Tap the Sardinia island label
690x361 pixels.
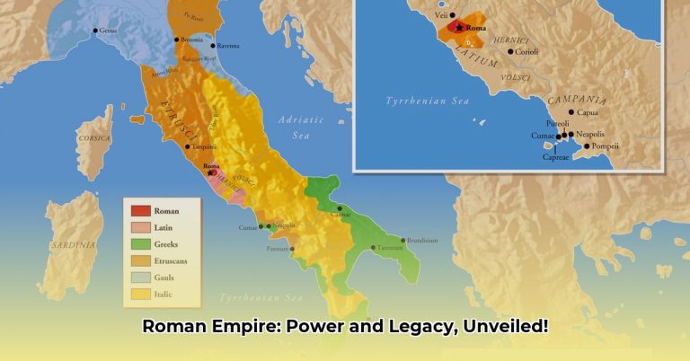(73, 244)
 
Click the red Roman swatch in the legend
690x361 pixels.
(139, 211)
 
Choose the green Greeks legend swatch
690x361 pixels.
(139, 244)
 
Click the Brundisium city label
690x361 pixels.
(422, 241)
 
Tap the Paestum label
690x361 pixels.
(279, 248)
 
